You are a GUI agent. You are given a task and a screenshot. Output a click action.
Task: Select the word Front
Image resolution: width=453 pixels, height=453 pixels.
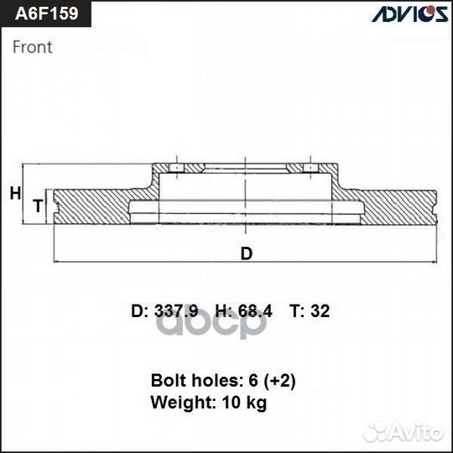click(x=33, y=47)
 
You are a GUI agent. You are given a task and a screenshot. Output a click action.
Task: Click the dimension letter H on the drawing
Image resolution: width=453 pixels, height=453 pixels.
click(x=15, y=194)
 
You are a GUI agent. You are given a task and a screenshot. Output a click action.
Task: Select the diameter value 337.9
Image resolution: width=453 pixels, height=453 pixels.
click(x=174, y=311)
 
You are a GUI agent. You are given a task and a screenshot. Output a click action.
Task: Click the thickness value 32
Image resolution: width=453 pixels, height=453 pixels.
click(x=320, y=311)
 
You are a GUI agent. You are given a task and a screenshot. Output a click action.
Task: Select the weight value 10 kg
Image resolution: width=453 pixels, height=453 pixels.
click(x=244, y=404)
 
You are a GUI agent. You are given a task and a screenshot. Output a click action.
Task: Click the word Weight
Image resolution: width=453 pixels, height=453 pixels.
click(x=180, y=404)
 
